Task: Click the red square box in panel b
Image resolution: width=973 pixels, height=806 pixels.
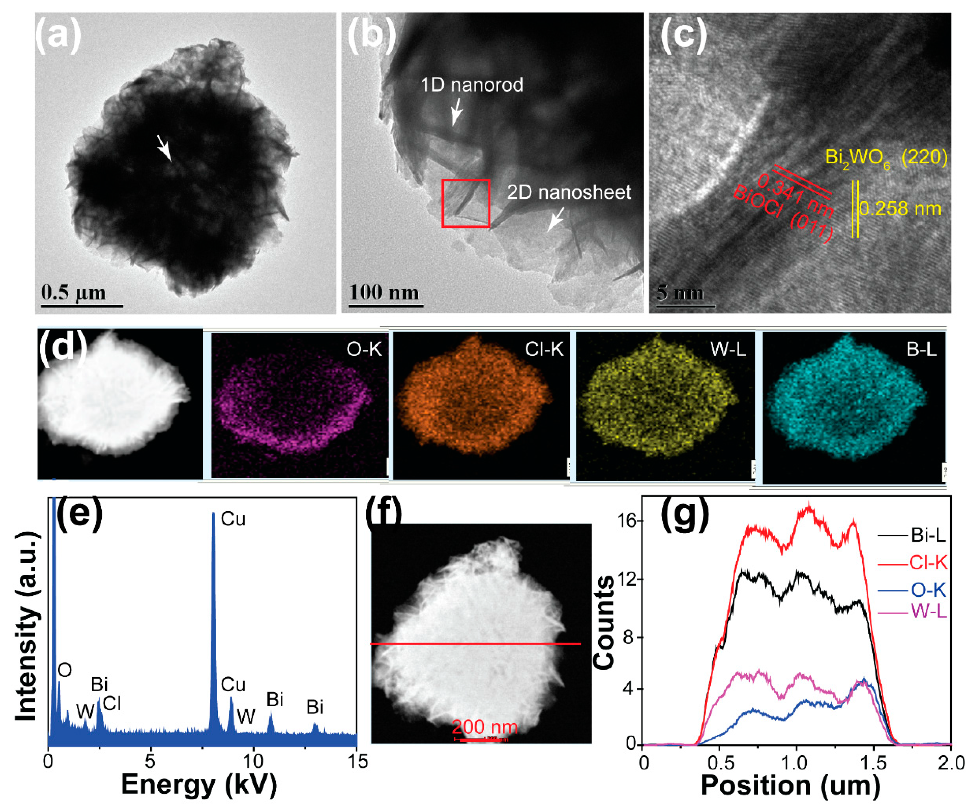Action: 466,203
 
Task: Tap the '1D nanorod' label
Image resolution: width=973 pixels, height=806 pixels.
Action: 472,85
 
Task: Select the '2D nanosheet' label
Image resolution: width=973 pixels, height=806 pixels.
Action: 569,192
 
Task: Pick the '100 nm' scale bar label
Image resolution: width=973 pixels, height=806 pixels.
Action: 384,292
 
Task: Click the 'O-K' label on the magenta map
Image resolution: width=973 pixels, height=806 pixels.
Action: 364,349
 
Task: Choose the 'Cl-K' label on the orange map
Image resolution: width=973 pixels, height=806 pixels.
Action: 544,349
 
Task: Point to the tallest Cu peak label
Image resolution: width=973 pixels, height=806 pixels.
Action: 233,519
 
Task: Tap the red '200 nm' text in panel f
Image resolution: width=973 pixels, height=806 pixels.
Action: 485,726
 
